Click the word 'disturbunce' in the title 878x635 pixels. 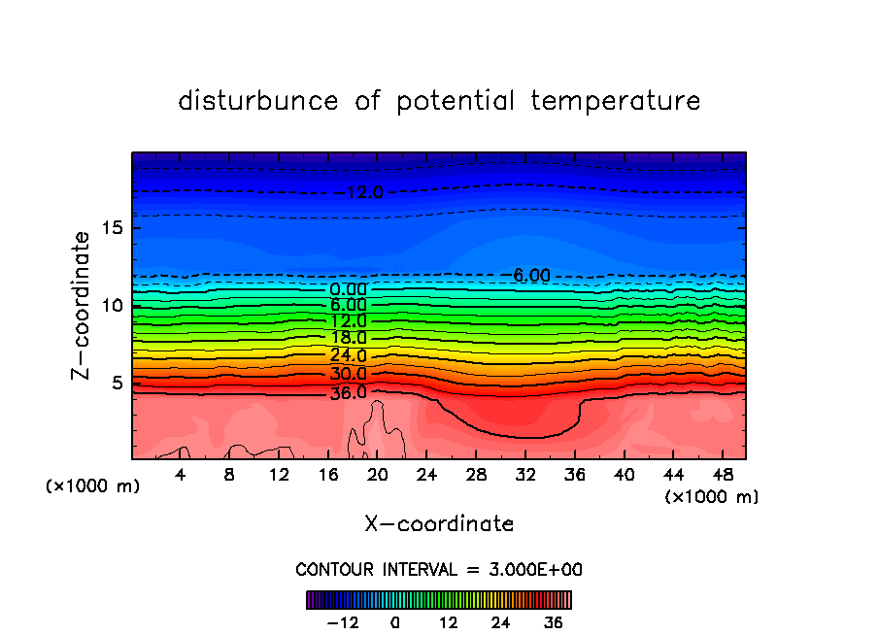(x=258, y=101)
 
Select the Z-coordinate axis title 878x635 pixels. (x=85, y=305)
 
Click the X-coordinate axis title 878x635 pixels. (x=439, y=524)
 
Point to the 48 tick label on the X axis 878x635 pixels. (x=723, y=475)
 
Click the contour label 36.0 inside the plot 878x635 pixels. (x=348, y=393)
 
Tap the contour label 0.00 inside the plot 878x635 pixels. (x=348, y=289)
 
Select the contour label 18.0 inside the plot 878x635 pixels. (x=348, y=338)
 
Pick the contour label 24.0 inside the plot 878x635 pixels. (x=348, y=355)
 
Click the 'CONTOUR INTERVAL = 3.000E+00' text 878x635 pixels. (x=439, y=569)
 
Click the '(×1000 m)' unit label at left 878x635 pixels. (x=93, y=486)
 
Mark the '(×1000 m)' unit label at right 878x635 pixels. (x=712, y=497)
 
